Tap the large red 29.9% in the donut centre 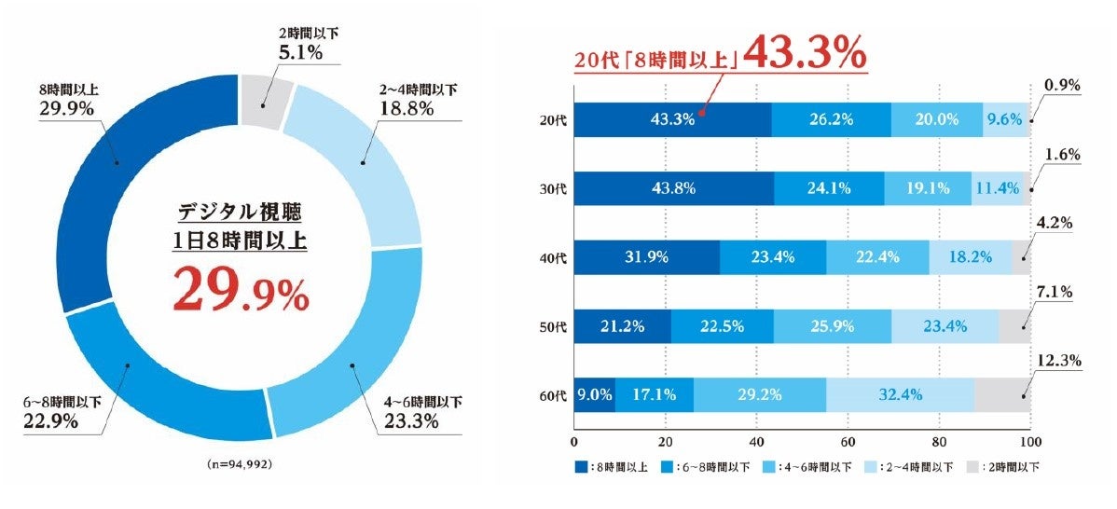pyautogui.click(x=241, y=292)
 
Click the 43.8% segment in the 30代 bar pyautogui.click(x=673, y=187)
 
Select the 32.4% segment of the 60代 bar pyautogui.click(x=900, y=394)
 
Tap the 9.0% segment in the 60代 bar pyautogui.click(x=594, y=394)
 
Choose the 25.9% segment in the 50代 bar pyautogui.click(x=832, y=325)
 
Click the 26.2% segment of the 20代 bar pyautogui.click(x=831, y=119)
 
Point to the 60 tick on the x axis pyautogui.click(x=848, y=441)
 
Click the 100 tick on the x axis pyautogui.click(x=1029, y=441)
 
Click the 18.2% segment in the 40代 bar pyautogui.click(x=970, y=257)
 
